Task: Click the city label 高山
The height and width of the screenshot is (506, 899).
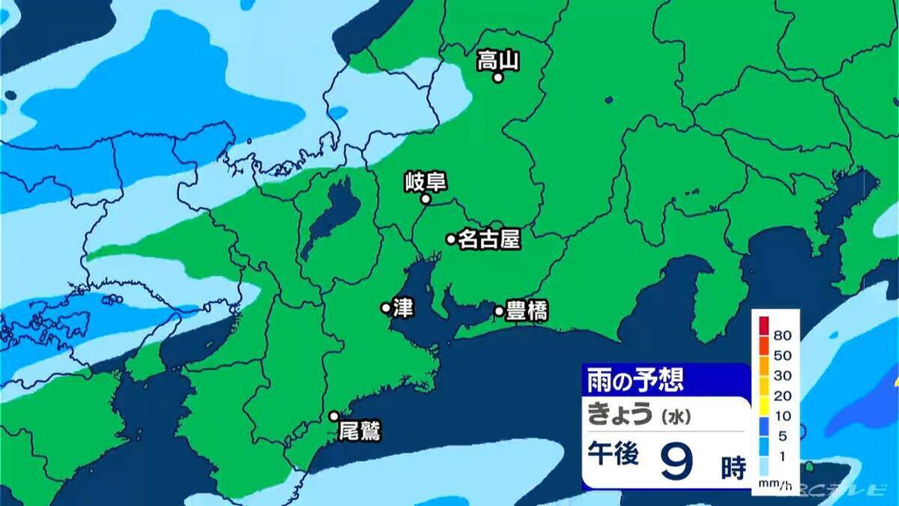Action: tap(498, 59)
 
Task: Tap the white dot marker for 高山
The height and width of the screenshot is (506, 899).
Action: tap(497, 76)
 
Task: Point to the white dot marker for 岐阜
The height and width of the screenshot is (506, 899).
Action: tap(425, 199)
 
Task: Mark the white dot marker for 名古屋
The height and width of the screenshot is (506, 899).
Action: tap(451, 239)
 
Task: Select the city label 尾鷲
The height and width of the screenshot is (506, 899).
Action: tap(360, 432)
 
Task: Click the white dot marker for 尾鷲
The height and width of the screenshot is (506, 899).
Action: tap(334, 416)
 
